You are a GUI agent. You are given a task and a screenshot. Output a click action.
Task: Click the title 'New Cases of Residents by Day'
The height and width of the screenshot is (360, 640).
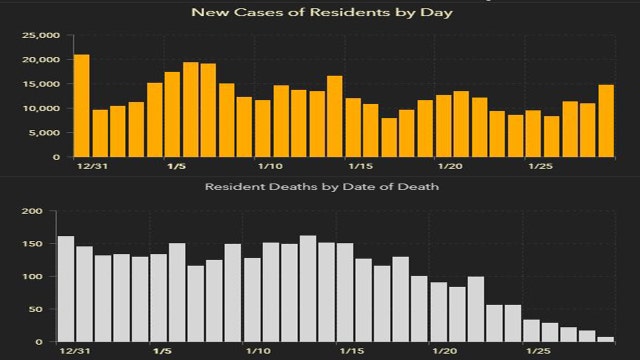pos(319,13)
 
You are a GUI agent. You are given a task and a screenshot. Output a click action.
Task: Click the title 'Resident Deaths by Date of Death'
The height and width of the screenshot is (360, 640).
pos(319,187)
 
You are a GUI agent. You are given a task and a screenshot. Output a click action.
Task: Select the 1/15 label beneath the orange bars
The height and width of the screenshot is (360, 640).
pos(360,166)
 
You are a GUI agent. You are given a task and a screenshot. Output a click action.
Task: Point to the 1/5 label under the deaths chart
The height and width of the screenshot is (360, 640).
pos(160,352)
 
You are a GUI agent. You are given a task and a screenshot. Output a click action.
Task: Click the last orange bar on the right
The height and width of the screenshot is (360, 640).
pos(606,121)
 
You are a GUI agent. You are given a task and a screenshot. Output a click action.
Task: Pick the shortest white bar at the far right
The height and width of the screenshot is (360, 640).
pos(606,339)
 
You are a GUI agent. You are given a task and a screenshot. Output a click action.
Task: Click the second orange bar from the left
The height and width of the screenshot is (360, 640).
pos(100,133)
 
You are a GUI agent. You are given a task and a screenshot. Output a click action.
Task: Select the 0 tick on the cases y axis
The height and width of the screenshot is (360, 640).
pos(54,157)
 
